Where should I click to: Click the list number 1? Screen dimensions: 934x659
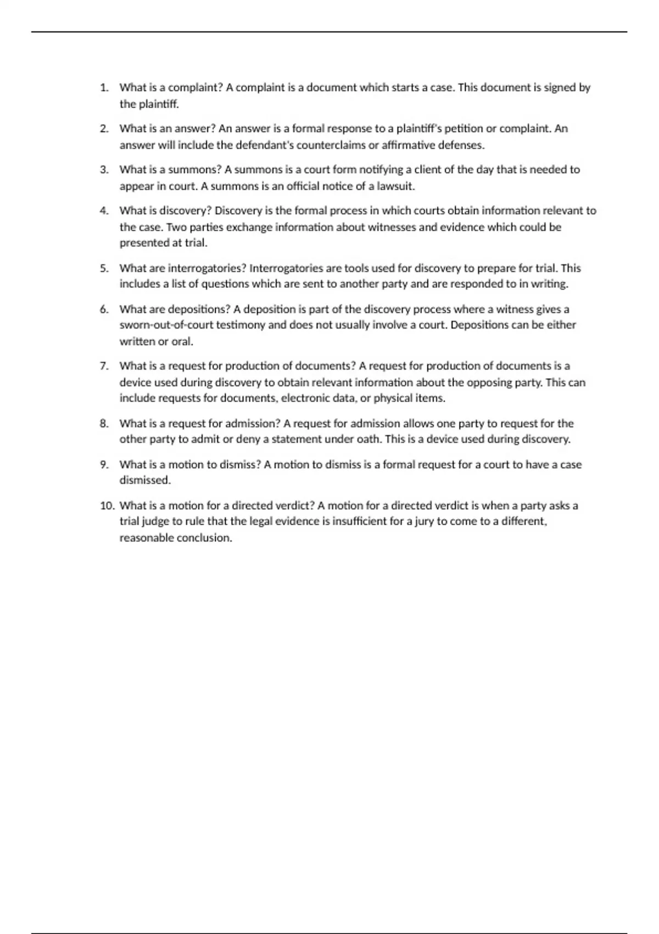pos(104,88)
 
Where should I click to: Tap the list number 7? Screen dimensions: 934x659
pos(104,366)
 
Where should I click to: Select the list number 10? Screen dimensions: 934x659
pos(107,506)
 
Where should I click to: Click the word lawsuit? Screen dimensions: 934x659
pos(395,187)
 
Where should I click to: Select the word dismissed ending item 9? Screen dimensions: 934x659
pos(145,481)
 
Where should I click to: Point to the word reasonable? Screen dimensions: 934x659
pos(146,538)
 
